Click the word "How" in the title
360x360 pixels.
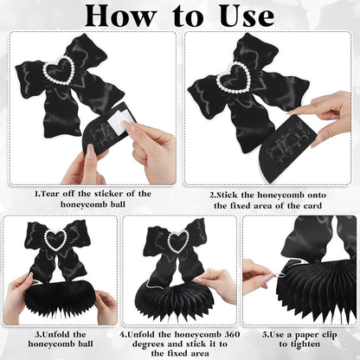click(x=121, y=16)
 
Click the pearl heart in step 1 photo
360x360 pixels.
click(x=59, y=70)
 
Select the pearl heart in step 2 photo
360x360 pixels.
click(x=234, y=77)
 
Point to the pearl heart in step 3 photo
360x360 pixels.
click(x=55, y=239)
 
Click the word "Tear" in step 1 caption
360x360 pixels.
click(x=51, y=194)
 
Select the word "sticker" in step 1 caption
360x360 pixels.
click(x=108, y=194)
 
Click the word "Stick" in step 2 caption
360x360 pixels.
click(x=228, y=196)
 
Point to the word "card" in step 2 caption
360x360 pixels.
click(x=312, y=206)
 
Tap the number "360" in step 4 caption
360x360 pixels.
click(x=232, y=335)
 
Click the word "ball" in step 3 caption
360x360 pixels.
click(x=86, y=344)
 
